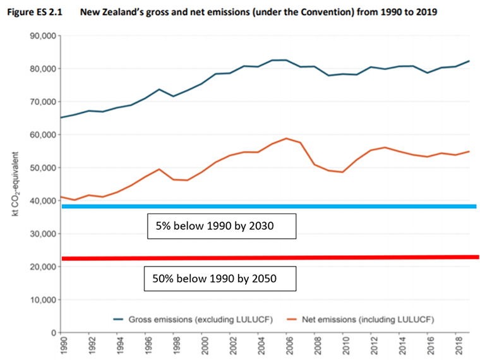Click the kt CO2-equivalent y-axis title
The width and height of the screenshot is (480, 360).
14,184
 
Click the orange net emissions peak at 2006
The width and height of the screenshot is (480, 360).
287,138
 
